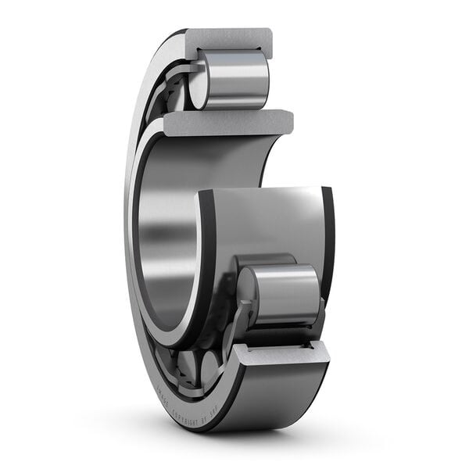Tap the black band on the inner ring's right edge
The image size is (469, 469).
[x=328, y=234]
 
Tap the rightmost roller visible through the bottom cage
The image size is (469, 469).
[x=212, y=367]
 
